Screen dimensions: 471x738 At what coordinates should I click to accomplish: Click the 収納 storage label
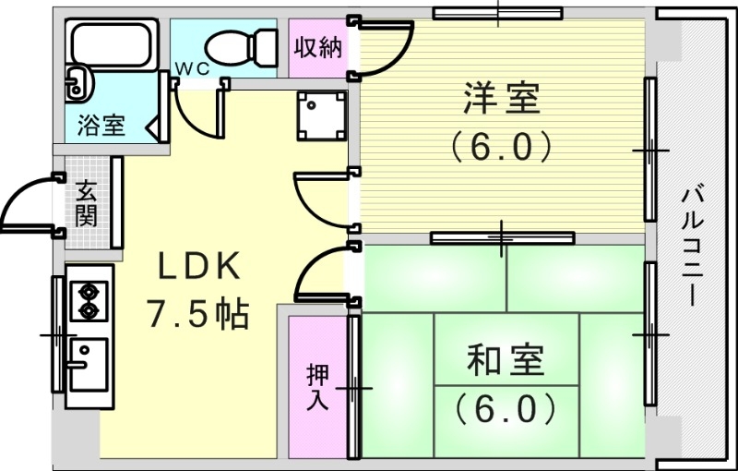point(317,48)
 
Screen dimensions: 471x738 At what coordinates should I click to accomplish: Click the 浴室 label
point(101,125)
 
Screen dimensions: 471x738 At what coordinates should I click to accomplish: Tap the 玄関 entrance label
point(86,206)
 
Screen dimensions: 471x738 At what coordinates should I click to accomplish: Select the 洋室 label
point(503,99)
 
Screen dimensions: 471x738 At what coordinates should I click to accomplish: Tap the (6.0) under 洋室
point(503,145)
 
